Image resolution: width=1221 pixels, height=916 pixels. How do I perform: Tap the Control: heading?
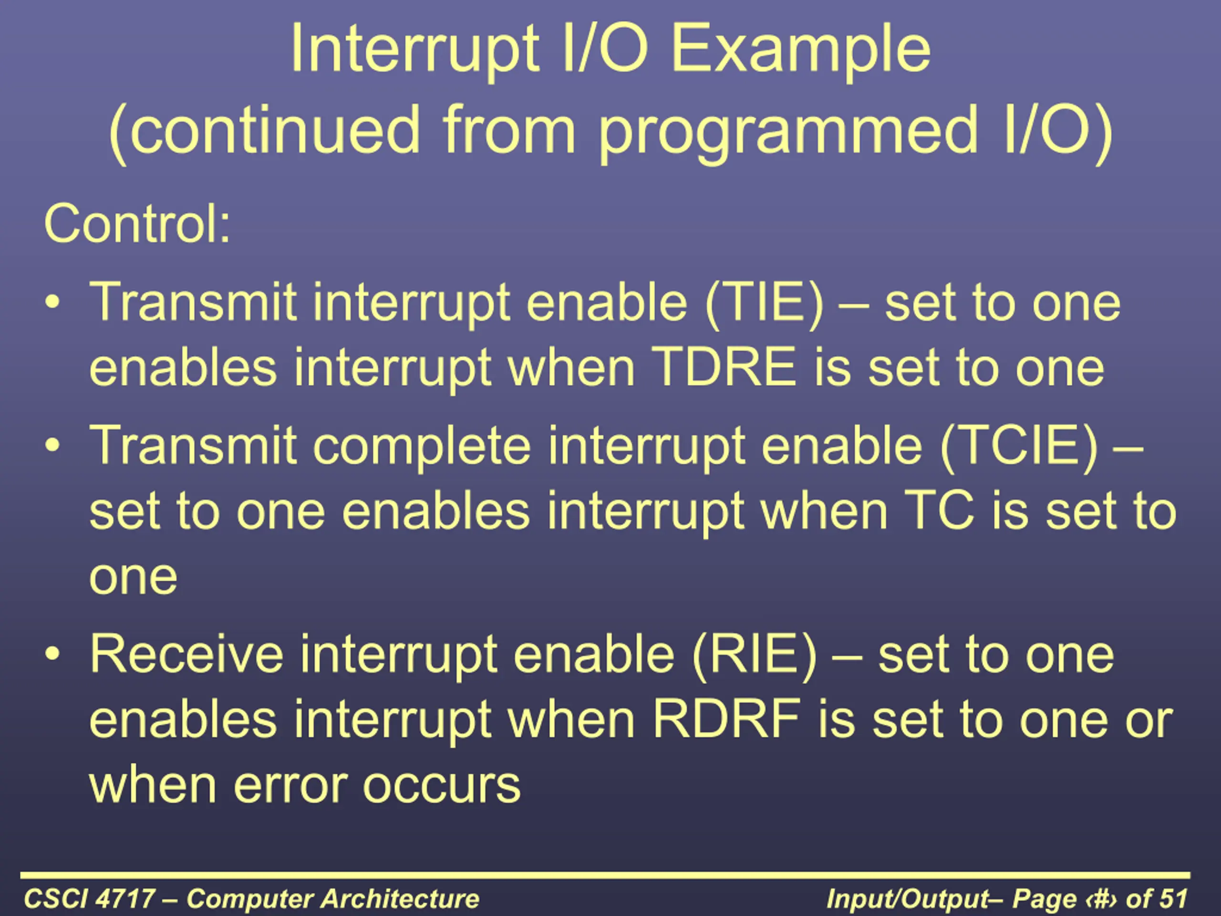[137, 224]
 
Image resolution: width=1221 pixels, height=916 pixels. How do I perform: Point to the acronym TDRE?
[724, 368]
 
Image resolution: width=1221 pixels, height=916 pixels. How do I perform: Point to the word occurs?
[442, 787]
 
